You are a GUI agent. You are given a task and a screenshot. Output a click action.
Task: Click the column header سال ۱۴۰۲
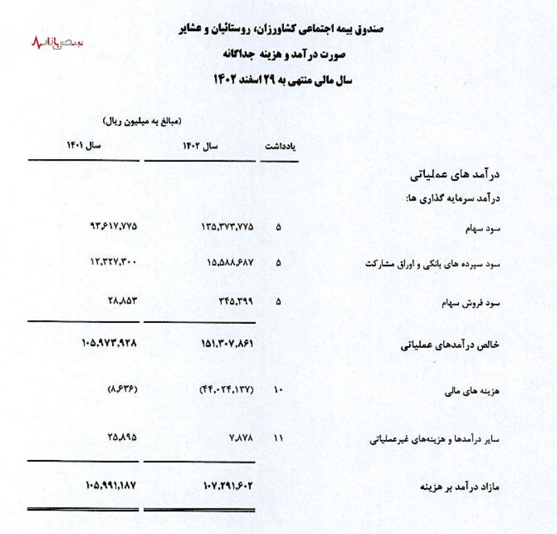[200, 147]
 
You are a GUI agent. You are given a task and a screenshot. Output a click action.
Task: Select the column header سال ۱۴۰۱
[84, 147]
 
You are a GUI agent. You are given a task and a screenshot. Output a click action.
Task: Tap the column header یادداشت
[281, 147]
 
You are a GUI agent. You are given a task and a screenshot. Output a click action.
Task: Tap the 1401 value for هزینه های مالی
[122, 390]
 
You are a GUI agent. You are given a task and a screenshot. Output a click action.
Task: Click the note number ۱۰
[278, 391]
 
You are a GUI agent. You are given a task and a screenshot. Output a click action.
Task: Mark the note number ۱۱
[278, 438]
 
